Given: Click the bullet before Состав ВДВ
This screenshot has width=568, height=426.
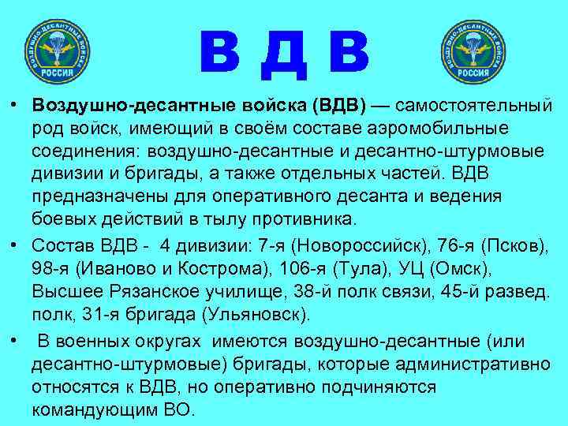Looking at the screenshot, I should (x=15, y=241).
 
